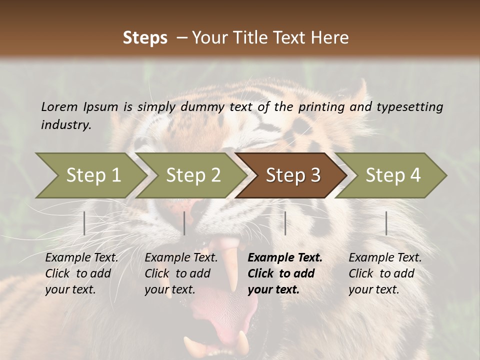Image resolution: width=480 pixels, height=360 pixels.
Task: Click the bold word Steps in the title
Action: tap(145, 38)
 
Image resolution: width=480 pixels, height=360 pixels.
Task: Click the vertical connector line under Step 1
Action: tap(84, 223)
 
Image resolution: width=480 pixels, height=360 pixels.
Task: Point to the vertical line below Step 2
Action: tap(184, 223)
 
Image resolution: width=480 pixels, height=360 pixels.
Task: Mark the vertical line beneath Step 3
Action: tap(285, 223)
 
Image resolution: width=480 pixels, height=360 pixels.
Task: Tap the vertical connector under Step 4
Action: tap(386, 223)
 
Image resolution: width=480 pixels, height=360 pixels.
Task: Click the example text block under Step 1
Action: tap(81, 273)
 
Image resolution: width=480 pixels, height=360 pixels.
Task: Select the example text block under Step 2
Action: tap(181, 273)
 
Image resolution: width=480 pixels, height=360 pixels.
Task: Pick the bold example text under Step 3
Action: tap(284, 273)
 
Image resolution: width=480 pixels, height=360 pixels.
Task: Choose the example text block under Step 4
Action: tap(385, 273)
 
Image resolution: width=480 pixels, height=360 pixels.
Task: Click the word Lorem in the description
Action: tap(59, 107)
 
